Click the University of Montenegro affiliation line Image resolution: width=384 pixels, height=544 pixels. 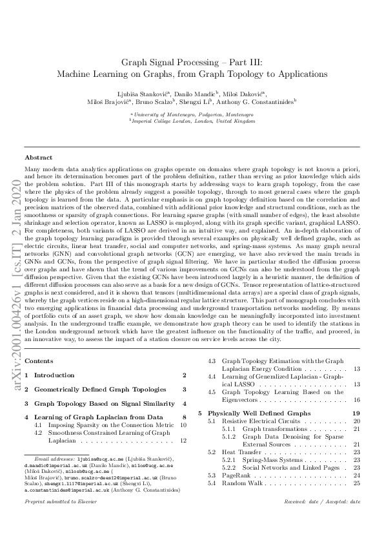point(192,114)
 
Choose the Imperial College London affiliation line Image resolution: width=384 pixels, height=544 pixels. point(192,121)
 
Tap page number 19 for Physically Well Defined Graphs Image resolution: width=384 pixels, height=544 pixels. point(356,412)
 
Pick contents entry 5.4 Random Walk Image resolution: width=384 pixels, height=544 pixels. point(239,483)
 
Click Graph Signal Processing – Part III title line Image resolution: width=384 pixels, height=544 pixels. point(192,63)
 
